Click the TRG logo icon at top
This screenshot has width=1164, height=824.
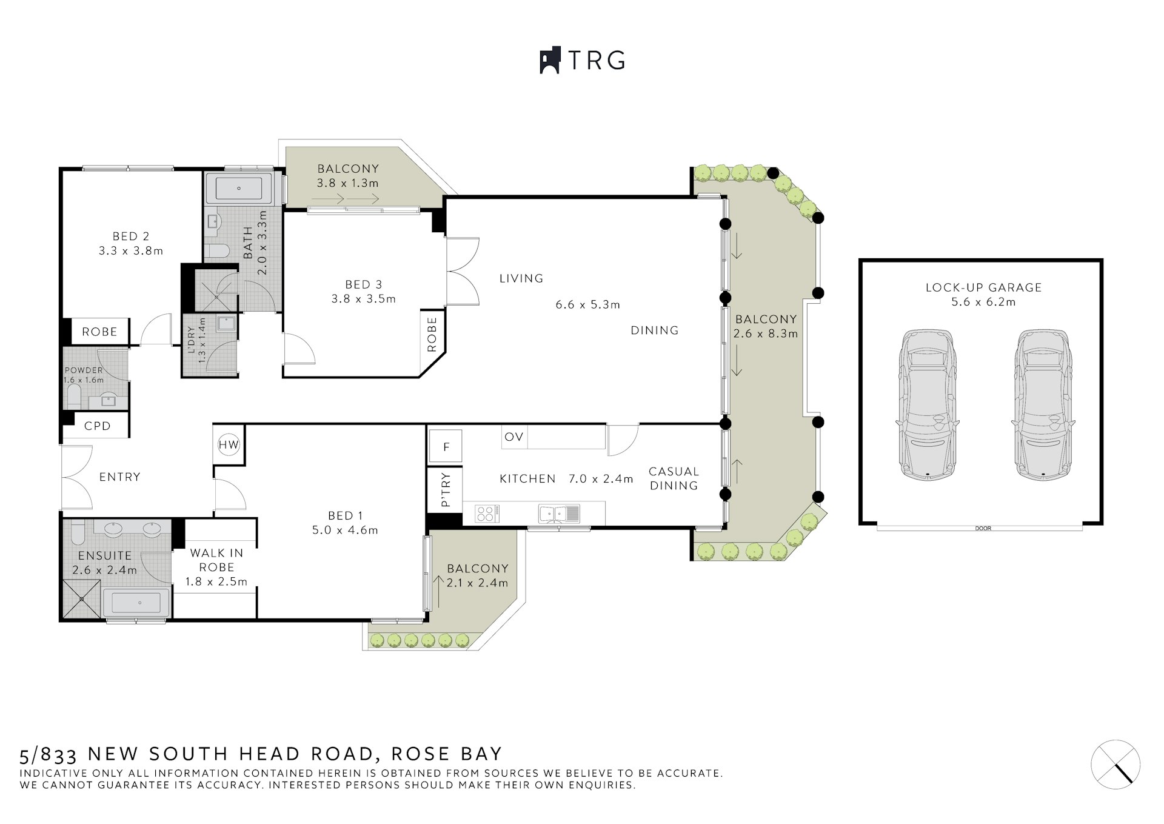pos(550,61)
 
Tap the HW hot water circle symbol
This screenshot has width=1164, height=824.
pos(229,445)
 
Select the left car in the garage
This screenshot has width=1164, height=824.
pos(927,405)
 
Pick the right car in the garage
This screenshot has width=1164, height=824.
pos(1043,405)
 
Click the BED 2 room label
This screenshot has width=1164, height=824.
pos(131,236)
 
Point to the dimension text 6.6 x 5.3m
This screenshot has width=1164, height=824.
pos(587,305)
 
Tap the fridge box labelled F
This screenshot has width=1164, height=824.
pos(446,447)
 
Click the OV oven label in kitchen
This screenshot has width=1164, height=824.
pos(513,437)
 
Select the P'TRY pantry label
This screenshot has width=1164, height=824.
pos(446,489)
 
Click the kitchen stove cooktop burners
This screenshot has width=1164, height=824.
pos(486,514)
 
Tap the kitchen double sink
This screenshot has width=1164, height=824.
pos(559,514)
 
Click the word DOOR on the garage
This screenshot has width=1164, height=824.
pos(983,529)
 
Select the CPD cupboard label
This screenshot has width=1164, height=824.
pos(98,426)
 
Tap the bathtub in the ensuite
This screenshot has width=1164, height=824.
pos(136,603)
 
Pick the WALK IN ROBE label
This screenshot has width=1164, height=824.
pos(216,560)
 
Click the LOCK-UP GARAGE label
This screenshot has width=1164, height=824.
pos(983,287)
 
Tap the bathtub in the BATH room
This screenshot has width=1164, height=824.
pos(239,188)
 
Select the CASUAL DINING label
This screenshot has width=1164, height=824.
pos(674,478)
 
